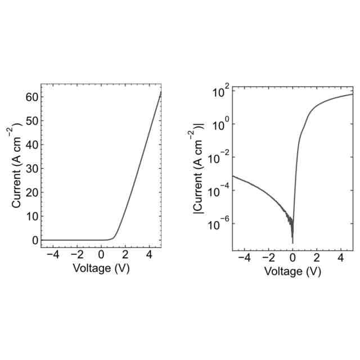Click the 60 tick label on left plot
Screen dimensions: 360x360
pos(31,97)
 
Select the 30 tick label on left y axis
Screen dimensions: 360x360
pos(31,168)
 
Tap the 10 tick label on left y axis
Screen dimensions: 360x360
pos(31,216)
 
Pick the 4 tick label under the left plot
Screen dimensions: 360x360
pos(149,254)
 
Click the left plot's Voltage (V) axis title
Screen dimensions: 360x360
pos(101,268)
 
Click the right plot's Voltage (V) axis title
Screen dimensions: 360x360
pos(292,271)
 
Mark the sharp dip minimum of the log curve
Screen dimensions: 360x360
pos(292,243)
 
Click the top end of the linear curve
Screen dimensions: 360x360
pos(161,92)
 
